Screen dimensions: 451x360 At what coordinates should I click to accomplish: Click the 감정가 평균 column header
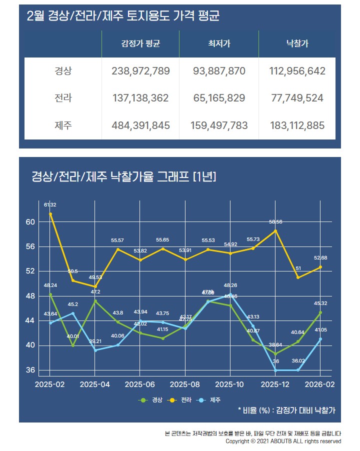click(140, 44)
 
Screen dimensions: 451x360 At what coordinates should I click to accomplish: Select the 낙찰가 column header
click(297, 44)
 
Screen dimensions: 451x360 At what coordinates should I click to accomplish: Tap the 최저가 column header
click(219, 44)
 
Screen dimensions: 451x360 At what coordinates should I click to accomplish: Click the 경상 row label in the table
click(63, 71)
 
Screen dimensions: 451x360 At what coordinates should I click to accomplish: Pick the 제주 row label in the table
click(63, 125)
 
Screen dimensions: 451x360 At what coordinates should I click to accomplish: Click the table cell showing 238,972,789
click(140, 71)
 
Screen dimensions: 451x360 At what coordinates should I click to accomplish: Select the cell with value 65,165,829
click(219, 98)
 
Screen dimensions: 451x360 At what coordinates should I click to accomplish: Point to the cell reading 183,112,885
click(297, 125)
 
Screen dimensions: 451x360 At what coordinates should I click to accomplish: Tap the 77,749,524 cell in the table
click(297, 98)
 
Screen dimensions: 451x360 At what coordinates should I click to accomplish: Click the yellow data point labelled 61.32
click(50, 214)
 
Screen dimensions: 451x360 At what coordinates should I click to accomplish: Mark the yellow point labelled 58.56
click(275, 230)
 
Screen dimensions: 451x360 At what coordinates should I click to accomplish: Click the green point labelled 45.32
click(320, 312)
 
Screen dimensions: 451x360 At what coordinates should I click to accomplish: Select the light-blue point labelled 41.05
click(320, 339)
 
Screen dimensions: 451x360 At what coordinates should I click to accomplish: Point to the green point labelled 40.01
click(73, 345)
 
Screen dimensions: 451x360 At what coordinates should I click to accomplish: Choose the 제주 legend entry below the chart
click(211, 400)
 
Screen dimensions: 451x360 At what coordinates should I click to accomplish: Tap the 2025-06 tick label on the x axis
click(140, 384)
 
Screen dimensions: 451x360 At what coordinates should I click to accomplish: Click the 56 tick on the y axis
click(30, 246)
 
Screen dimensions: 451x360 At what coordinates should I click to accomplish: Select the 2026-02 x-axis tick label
click(320, 384)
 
